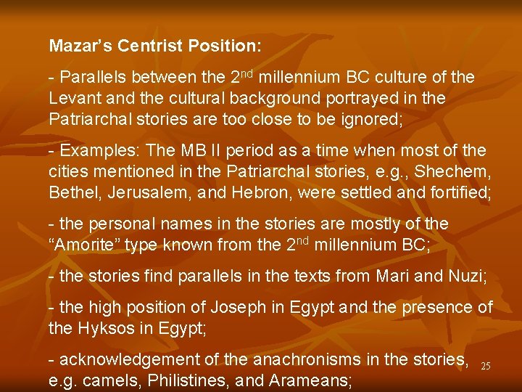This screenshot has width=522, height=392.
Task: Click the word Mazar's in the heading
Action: pos(78,46)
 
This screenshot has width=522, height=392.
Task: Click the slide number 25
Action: pos(486,367)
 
